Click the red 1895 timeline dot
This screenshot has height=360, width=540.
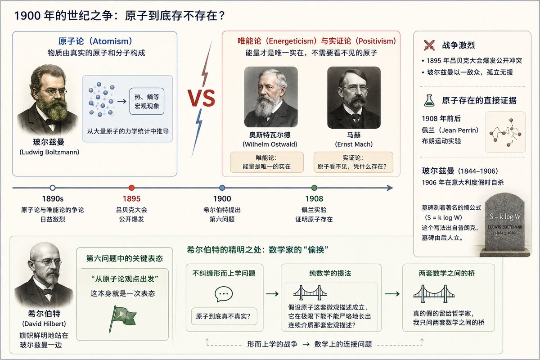click(x=131, y=188)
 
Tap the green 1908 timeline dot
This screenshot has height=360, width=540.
click(x=314, y=188)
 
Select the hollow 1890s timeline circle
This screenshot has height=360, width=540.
click(x=53, y=188)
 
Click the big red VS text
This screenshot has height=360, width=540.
click(x=201, y=98)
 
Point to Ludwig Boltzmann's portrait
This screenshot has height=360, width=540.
click(x=48, y=100)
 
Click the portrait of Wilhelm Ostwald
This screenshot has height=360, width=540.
click(x=271, y=97)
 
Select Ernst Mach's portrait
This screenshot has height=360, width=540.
click(x=354, y=97)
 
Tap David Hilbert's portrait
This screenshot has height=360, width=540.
click(x=44, y=275)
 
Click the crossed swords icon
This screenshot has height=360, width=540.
click(x=429, y=45)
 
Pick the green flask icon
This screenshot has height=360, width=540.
click(x=429, y=100)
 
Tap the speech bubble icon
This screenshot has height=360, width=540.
click(x=224, y=294)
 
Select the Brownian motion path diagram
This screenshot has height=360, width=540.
click(x=505, y=132)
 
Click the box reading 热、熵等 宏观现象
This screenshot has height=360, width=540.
click(x=147, y=101)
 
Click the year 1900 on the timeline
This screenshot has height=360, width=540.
click(x=222, y=199)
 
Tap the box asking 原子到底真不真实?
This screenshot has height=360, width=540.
click(x=224, y=316)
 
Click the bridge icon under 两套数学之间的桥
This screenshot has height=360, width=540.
click(x=434, y=294)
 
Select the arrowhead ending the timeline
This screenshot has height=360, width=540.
click(x=390, y=188)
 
